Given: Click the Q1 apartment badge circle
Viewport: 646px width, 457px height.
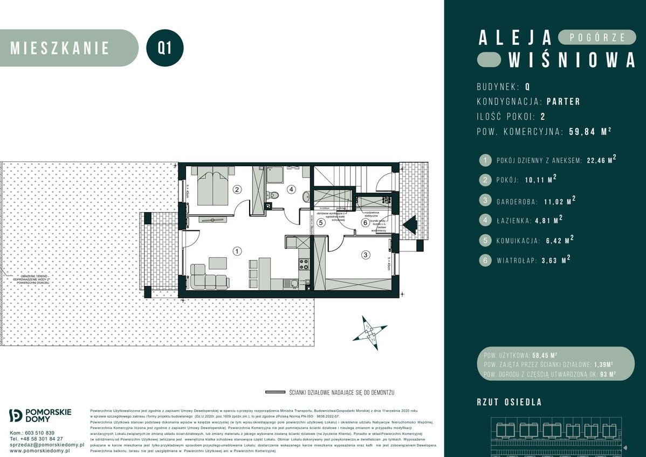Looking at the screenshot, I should [165, 48].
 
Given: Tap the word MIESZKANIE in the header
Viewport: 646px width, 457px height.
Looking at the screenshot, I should [60, 48].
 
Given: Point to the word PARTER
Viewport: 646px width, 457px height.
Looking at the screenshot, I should [563, 101].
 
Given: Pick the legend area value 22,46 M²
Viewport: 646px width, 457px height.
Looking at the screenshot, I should [601, 160].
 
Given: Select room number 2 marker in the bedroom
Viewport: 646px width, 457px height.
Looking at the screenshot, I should [236, 189].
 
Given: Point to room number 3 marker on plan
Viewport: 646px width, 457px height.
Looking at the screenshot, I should [365, 255].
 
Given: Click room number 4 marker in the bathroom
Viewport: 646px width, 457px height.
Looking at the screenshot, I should [291, 189].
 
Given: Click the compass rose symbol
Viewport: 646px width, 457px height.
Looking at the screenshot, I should [369, 330].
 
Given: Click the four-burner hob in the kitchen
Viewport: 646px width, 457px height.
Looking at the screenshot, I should [304, 264].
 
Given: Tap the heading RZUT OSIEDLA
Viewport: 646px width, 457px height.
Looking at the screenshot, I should [509, 402].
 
